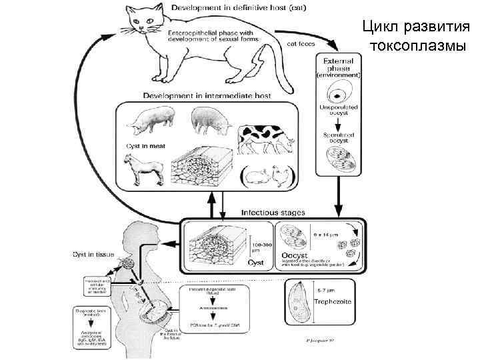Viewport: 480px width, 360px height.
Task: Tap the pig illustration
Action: click(148, 121)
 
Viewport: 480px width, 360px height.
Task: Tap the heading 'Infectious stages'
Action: click(273, 212)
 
